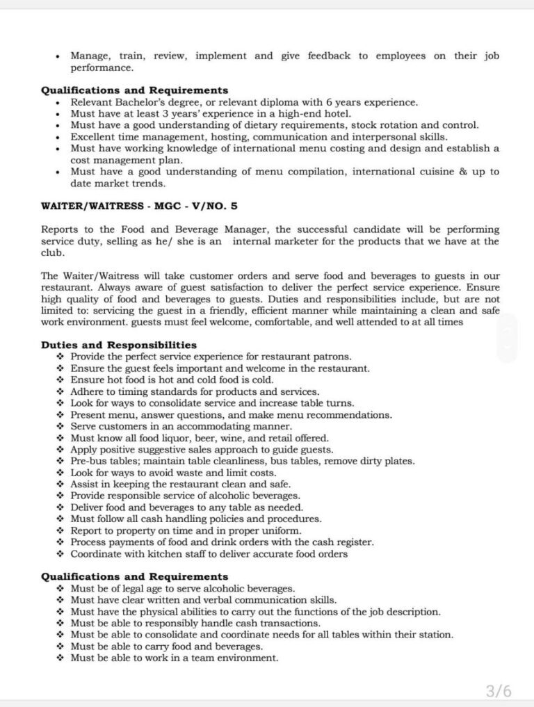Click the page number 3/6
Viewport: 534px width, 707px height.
[x=498, y=690]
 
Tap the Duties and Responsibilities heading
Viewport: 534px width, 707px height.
[x=119, y=345]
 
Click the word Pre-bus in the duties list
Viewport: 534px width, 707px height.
[x=88, y=461]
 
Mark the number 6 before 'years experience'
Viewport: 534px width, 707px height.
[x=318, y=102]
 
